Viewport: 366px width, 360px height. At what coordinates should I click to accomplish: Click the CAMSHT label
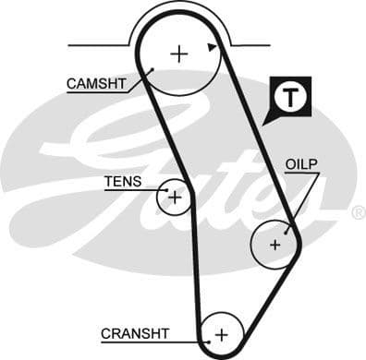95,83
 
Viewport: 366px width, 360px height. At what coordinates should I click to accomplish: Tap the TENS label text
124,181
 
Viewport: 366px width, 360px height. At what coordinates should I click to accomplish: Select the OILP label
301,164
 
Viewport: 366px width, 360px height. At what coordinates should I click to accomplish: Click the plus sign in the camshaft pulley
178,54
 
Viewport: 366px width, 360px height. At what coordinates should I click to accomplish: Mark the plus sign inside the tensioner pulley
174,196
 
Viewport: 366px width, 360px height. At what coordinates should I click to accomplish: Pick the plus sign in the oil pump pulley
274,245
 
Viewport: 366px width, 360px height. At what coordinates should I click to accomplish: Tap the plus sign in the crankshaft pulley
221,332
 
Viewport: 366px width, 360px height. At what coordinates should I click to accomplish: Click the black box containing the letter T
291,96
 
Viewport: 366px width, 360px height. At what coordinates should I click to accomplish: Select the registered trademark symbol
358,212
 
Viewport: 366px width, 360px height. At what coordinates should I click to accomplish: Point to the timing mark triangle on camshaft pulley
213,45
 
